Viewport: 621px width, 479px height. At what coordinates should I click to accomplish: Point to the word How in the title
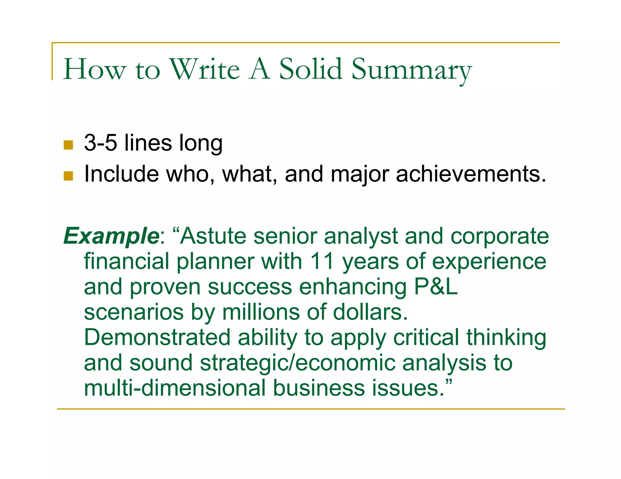pos(94,70)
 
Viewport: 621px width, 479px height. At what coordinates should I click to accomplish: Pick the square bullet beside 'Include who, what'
pos(69,176)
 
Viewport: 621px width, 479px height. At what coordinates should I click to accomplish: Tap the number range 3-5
pos(100,143)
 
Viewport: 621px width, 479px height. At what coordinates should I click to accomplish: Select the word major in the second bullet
pos(360,175)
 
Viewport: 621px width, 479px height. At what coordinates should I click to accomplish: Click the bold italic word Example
pos(111,236)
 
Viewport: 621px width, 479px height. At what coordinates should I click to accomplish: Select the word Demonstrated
pos(157,337)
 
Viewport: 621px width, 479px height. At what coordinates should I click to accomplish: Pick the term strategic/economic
pos(297,363)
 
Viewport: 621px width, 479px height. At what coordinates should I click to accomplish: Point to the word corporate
pos(499,236)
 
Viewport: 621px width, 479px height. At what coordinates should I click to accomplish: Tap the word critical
pos(426,337)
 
